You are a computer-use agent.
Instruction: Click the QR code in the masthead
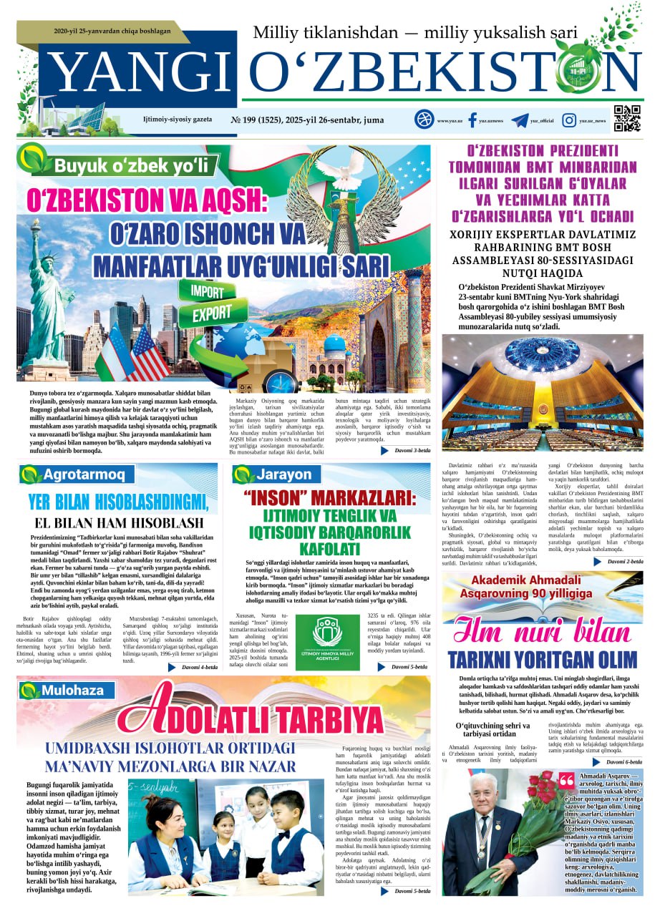[627, 119]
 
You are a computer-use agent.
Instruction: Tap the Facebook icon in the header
[472, 120]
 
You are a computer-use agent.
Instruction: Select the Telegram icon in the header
[520, 120]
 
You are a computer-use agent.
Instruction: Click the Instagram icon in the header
[570, 120]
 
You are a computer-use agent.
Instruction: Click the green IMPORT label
[208, 291]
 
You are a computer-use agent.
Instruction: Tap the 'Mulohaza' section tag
[72, 691]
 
